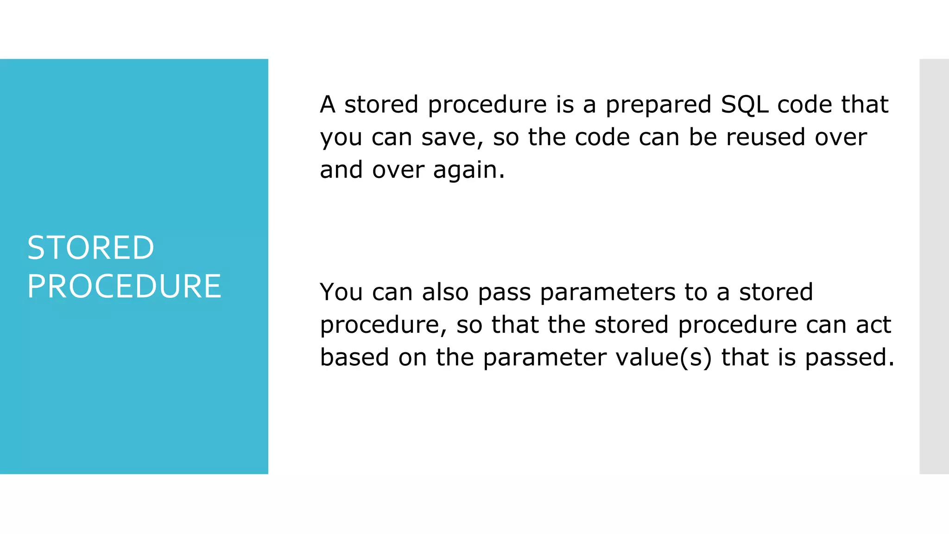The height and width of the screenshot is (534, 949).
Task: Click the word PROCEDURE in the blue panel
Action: click(x=124, y=286)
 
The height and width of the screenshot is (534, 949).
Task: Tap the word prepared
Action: click(x=658, y=105)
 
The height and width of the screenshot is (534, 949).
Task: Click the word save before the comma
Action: click(x=451, y=138)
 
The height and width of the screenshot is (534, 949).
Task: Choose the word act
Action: click(x=873, y=324)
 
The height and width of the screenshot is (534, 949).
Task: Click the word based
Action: click(x=354, y=357)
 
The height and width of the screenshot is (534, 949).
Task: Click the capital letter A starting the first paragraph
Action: click(x=328, y=104)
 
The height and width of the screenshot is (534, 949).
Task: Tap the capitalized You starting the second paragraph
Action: click(x=341, y=292)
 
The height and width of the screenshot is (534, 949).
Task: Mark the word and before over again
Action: click(x=341, y=170)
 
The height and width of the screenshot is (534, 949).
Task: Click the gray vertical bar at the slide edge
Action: click(x=934, y=267)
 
